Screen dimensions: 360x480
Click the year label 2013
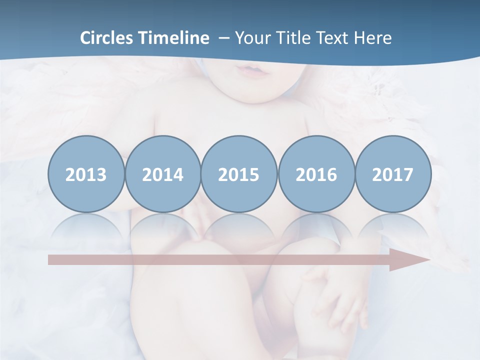(86, 175)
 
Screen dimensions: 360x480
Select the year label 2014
(163, 175)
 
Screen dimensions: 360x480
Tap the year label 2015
(239, 175)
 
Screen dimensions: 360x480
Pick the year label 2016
(316, 175)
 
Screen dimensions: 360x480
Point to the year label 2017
(393, 175)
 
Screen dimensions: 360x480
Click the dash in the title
(224, 38)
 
